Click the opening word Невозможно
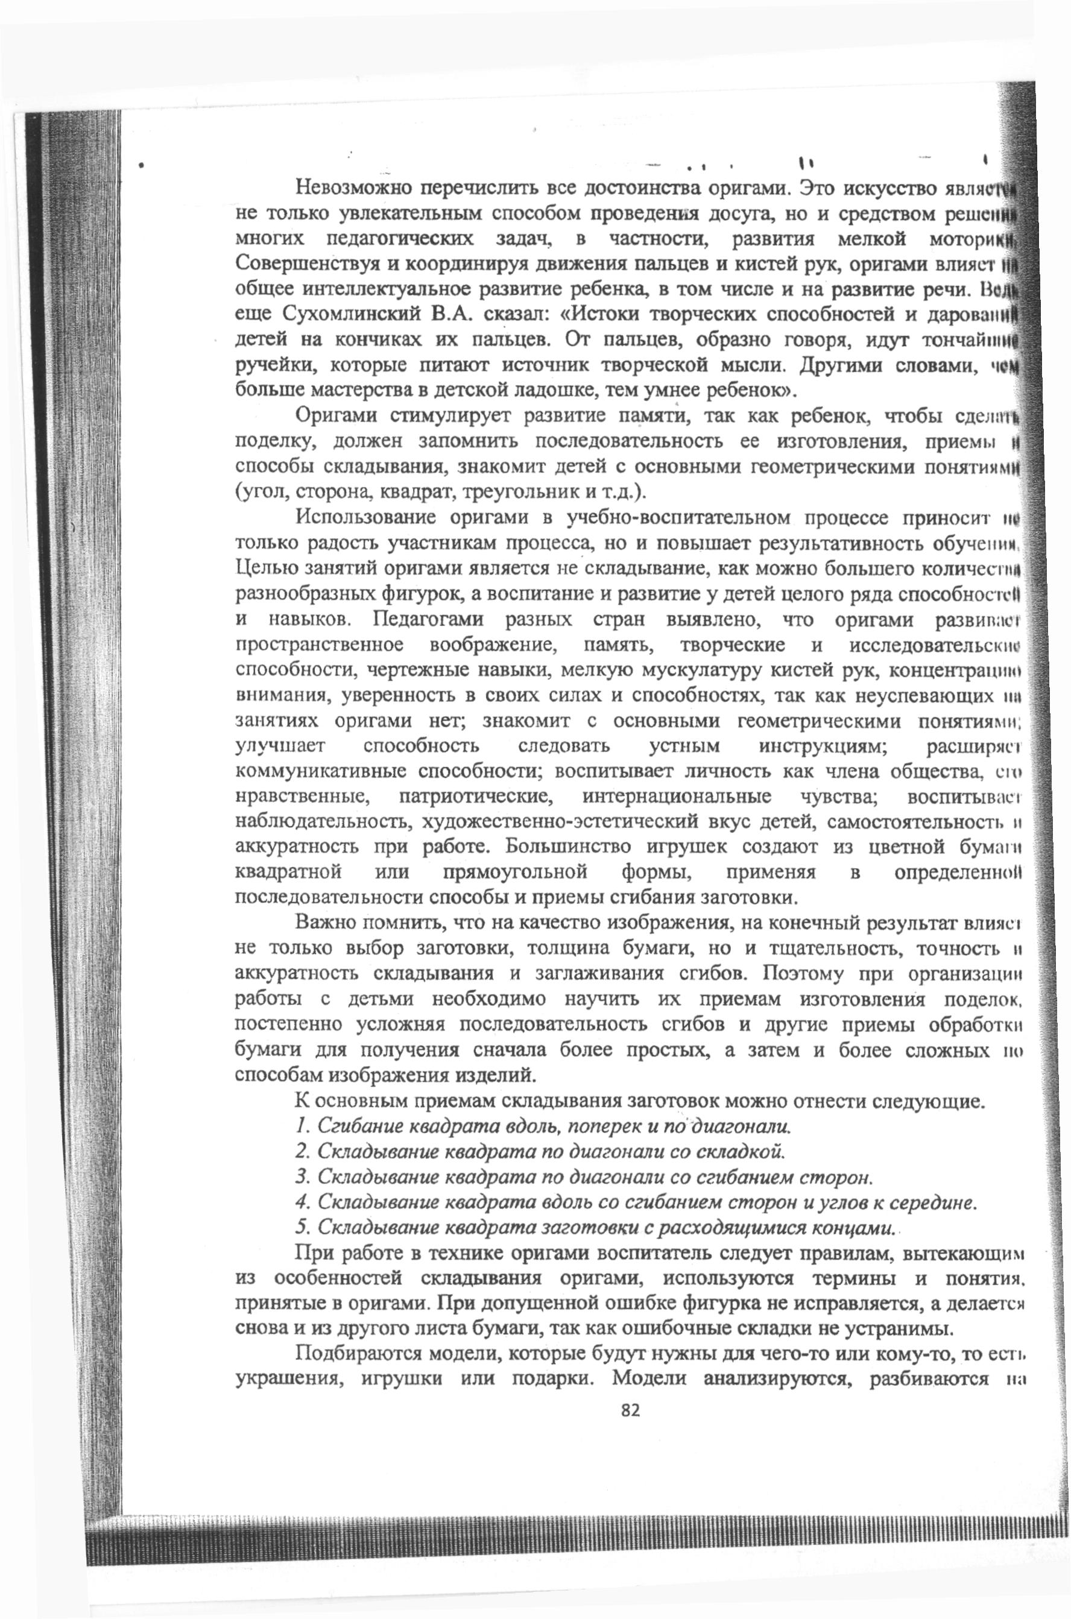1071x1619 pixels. point(350,187)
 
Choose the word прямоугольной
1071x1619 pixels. point(515,872)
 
